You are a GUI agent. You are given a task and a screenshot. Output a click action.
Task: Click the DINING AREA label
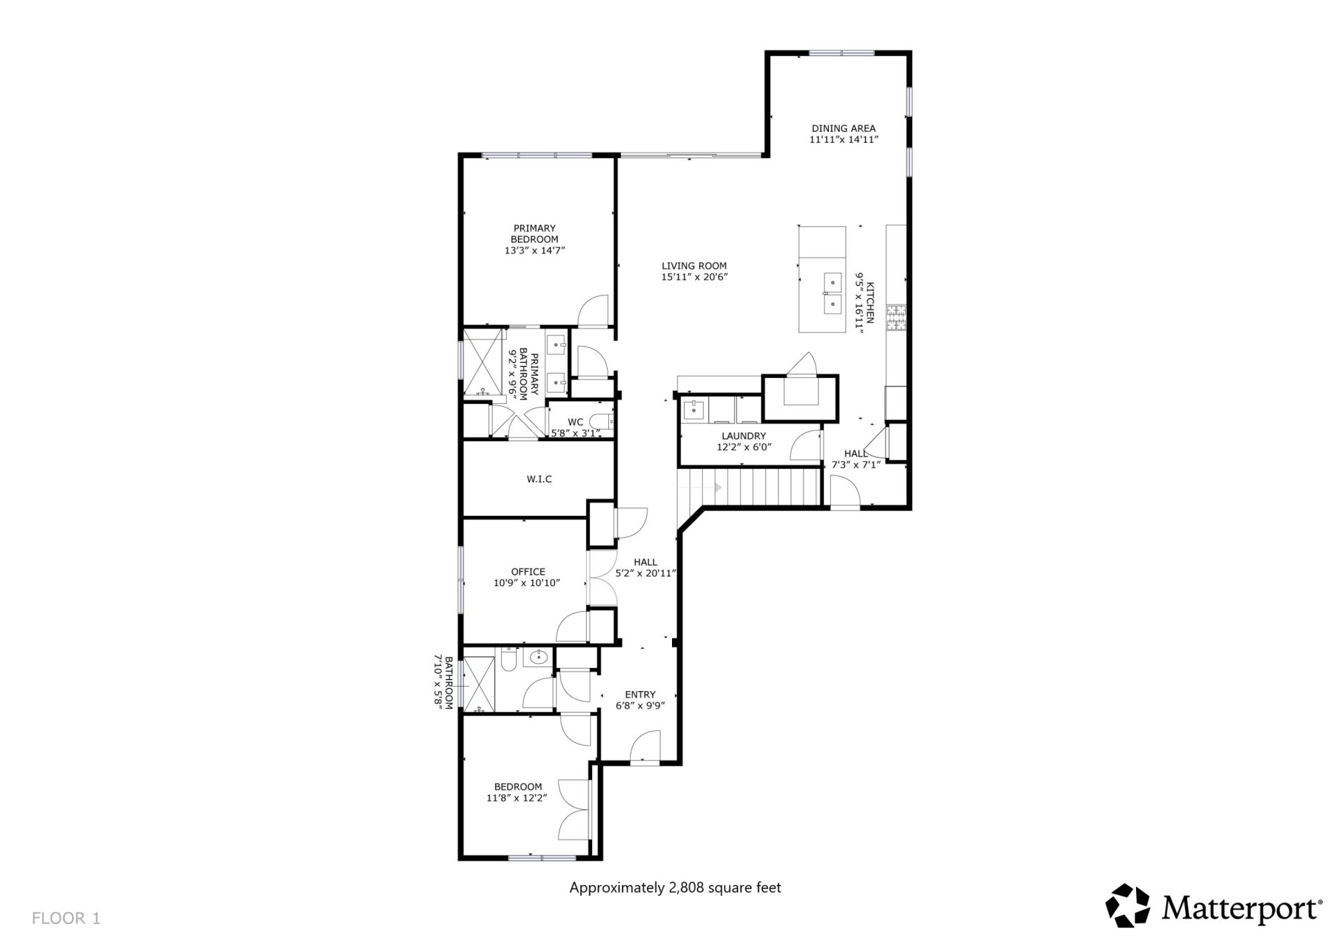point(843,128)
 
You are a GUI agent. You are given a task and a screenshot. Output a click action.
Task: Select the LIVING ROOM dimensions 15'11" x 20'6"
point(694,277)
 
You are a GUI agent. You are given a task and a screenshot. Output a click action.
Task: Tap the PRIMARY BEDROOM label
point(534,233)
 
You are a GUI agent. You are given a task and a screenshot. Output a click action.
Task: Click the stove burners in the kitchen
point(896,319)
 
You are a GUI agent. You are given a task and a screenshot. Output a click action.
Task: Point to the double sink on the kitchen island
point(832,293)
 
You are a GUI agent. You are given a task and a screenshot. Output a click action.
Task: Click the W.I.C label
point(539,479)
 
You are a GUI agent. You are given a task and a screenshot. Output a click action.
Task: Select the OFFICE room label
point(527,572)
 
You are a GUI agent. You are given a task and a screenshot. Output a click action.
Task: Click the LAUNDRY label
point(743,436)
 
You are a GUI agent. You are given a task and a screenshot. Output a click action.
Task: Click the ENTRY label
point(640,694)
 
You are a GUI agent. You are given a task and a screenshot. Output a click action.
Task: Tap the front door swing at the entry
point(645,748)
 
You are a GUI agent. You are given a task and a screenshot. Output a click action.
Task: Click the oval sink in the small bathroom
point(538,657)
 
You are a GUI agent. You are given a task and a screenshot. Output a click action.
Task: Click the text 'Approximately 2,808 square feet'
point(675,888)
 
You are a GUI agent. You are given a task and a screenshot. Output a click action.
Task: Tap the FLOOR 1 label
point(66,918)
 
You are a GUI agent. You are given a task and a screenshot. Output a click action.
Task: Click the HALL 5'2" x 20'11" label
point(645,567)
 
